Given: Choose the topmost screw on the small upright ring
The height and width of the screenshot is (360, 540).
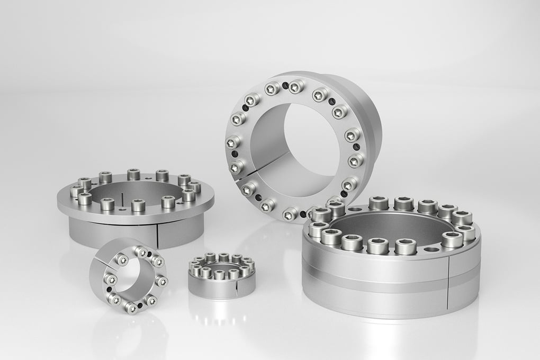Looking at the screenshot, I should tap(141, 251).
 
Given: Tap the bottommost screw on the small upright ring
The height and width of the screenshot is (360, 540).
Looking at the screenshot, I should tap(131, 308).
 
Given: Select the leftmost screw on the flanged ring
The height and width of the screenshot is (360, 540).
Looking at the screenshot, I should tap(76, 191).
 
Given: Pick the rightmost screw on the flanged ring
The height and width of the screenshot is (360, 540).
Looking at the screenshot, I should tap(194, 187).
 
